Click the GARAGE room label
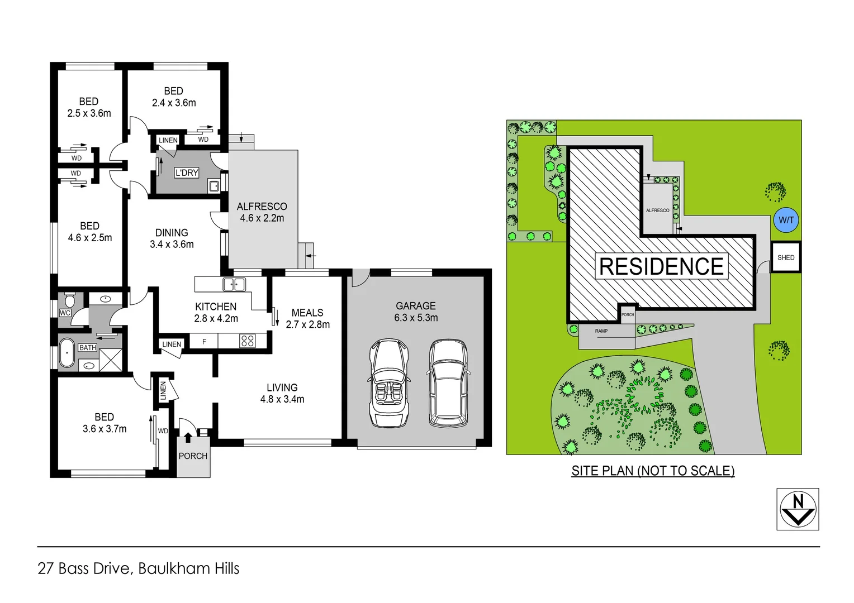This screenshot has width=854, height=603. pos(415,306)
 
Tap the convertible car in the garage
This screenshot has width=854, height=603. pos(388,383)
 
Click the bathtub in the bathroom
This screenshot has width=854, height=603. pos(67,352)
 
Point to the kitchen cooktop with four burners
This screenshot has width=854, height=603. pos(247,341)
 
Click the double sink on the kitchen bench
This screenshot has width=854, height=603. pos(234,284)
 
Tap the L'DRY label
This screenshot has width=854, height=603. pos(187,173)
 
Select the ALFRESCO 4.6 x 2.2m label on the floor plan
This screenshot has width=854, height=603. pos(262,212)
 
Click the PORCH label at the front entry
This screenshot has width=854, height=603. pos(193,456)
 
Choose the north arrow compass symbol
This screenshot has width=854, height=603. pos(798,509)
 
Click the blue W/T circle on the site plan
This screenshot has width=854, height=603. pos(786,220)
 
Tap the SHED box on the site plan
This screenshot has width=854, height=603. pos(786,257)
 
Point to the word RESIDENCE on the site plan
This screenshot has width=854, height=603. pos(661,266)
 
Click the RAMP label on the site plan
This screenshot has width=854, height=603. pos(601,331)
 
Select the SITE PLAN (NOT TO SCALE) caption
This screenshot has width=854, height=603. pos(653,471)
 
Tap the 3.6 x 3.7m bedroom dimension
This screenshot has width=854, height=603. pos(105,429)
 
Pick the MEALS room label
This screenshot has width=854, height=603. pos(307,313)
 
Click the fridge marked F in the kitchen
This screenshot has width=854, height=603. pos(204,341)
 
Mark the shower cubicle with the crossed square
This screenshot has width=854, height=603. pos(111,360)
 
